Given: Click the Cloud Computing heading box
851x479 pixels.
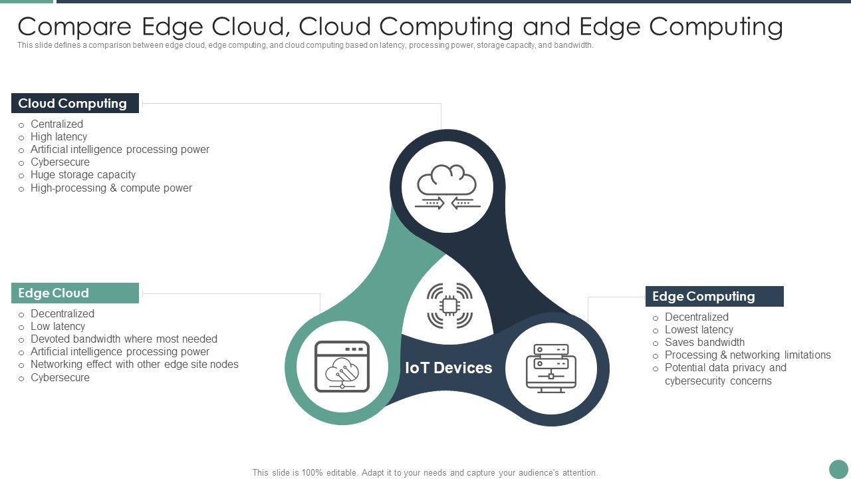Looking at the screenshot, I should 74,103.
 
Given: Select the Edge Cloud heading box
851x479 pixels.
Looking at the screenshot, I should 74,293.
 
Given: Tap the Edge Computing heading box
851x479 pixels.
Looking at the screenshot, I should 714,296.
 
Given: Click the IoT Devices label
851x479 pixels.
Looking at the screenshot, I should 449,368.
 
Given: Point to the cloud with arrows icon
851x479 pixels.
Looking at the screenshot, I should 447,187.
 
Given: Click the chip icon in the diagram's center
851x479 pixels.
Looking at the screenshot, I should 449,305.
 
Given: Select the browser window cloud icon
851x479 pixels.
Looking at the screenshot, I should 342,367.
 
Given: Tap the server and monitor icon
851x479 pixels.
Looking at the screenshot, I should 550,367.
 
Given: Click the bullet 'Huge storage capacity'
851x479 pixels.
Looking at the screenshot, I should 83,175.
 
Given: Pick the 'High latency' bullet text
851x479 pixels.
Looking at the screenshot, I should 59,136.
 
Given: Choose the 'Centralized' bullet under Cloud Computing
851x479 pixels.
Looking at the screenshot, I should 57,124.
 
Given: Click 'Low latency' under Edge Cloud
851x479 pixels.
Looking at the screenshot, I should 58,326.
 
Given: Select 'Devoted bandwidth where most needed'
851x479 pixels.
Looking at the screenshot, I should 124,339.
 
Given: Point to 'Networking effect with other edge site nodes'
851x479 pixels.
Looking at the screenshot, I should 134,365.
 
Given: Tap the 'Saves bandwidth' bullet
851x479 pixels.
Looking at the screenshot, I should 705,342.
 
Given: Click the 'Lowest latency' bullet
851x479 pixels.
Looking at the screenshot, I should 699,329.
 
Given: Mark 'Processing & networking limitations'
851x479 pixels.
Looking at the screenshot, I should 748,355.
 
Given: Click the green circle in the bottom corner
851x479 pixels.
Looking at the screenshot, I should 838,469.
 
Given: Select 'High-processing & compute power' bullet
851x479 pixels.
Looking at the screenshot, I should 111,188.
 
